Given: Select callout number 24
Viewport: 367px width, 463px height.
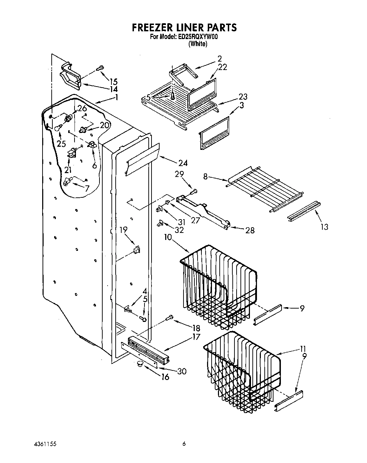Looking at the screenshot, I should [183, 163].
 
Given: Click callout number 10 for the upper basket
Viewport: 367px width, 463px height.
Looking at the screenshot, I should [168, 237].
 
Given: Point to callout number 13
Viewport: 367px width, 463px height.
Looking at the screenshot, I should [324, 227].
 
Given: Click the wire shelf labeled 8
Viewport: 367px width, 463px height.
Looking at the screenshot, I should [264, 188].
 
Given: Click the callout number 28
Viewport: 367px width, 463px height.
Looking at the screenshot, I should [250, 230].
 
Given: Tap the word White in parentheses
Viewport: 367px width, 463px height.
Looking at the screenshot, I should [198, 44].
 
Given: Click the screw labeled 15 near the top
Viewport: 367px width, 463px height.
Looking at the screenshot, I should [101, 68].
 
